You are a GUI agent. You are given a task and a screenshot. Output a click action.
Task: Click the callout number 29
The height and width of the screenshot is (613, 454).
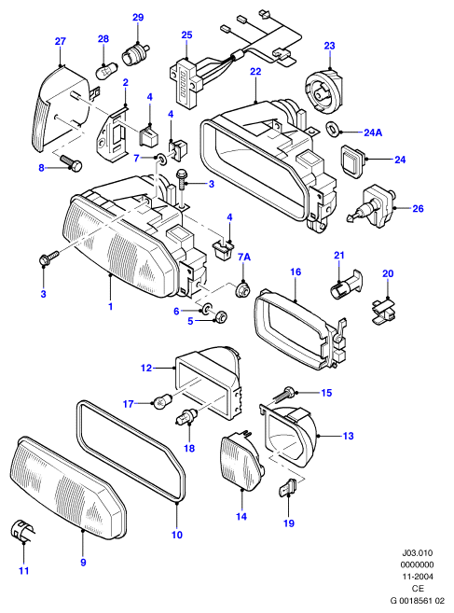[138, 17]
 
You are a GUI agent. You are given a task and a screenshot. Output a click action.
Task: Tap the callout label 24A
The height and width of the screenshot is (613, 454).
[373, 132]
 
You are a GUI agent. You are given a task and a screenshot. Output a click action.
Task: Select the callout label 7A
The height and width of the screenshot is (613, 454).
[244, 257]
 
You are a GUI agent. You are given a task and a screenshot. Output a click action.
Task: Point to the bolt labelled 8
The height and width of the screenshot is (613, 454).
[72, 162]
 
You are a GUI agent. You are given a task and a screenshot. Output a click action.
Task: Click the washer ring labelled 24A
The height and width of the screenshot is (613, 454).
[332, 128]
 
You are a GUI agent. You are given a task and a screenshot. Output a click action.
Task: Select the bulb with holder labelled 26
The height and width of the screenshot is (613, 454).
[370, 206]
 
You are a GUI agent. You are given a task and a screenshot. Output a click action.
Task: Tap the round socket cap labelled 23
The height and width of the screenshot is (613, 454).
[323, 88]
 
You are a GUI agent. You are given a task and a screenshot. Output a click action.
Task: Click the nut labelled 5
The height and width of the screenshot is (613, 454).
[220, 315]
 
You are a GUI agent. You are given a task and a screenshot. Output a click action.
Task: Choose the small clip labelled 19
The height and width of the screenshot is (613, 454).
[288, 487]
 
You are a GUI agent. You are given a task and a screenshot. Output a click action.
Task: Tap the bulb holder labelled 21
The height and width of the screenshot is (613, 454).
[345, 286]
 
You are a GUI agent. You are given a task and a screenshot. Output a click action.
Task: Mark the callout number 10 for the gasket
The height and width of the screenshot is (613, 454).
[177, 535]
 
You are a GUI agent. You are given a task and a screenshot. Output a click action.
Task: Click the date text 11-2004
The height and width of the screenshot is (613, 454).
[418, 577]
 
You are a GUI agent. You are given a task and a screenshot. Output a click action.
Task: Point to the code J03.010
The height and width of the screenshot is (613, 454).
[418, 552]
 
